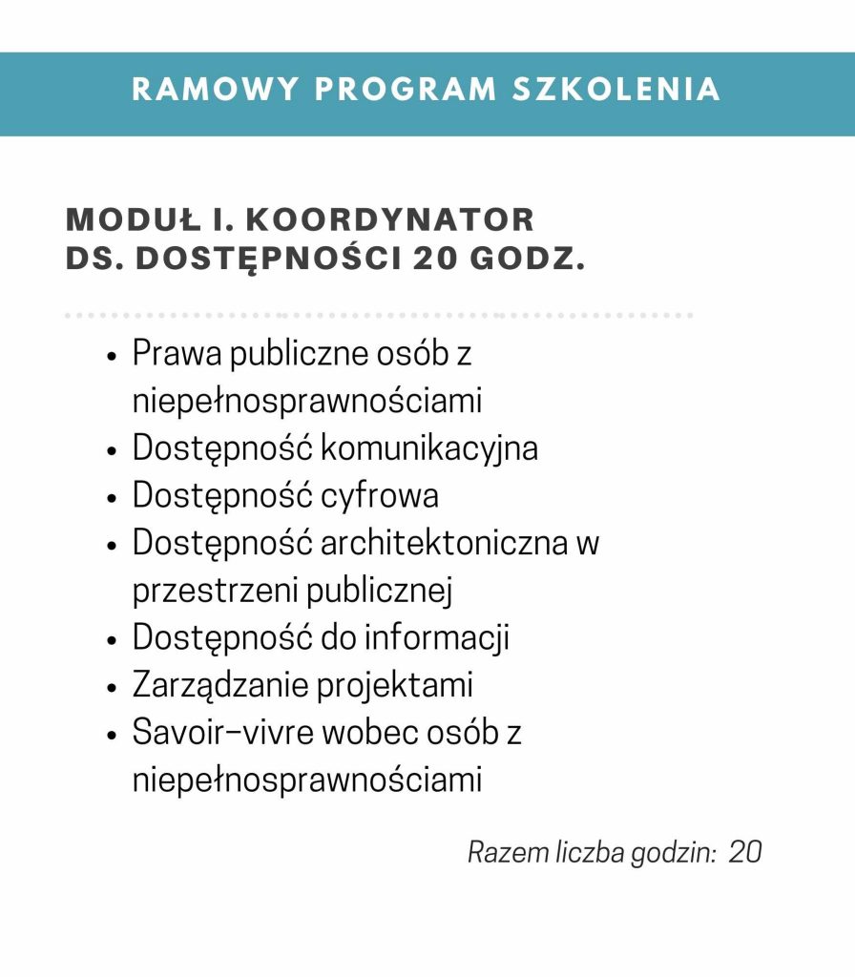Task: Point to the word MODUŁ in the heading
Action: [x=135, y=219]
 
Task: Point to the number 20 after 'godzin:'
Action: [x=745, y=852]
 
